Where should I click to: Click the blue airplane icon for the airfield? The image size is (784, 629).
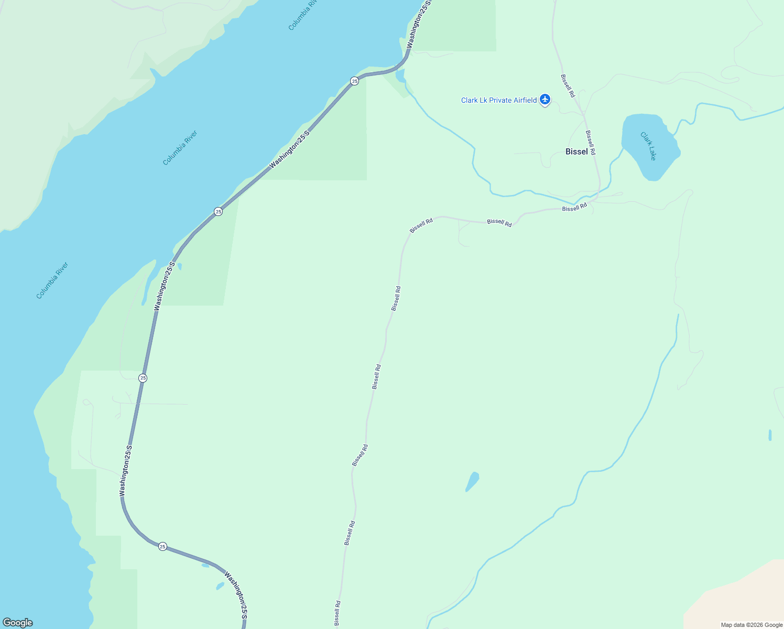(x=545, y=99)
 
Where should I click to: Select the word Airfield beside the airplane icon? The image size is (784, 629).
(x=525, y=100)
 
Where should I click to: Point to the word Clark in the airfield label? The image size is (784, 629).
(x=470, y=100)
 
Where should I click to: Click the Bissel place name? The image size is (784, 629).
(x=576, y=151)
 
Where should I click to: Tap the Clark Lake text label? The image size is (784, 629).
(x=648, y=146)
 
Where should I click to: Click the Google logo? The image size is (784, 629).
(x=17, y=623)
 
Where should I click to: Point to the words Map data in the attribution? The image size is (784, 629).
(x=733, y=625)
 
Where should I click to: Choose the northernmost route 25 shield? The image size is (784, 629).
(x=355, y=81)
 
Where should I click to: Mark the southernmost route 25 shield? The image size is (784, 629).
(x=162, y=546)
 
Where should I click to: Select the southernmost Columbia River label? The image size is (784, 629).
(x=52, y=280)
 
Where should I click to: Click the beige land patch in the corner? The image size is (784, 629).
(x=744, y=598)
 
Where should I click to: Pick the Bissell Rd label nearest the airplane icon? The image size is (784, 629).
(x=568, y=85)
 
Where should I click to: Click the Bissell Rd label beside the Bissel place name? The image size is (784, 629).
(x=591, y=142)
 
